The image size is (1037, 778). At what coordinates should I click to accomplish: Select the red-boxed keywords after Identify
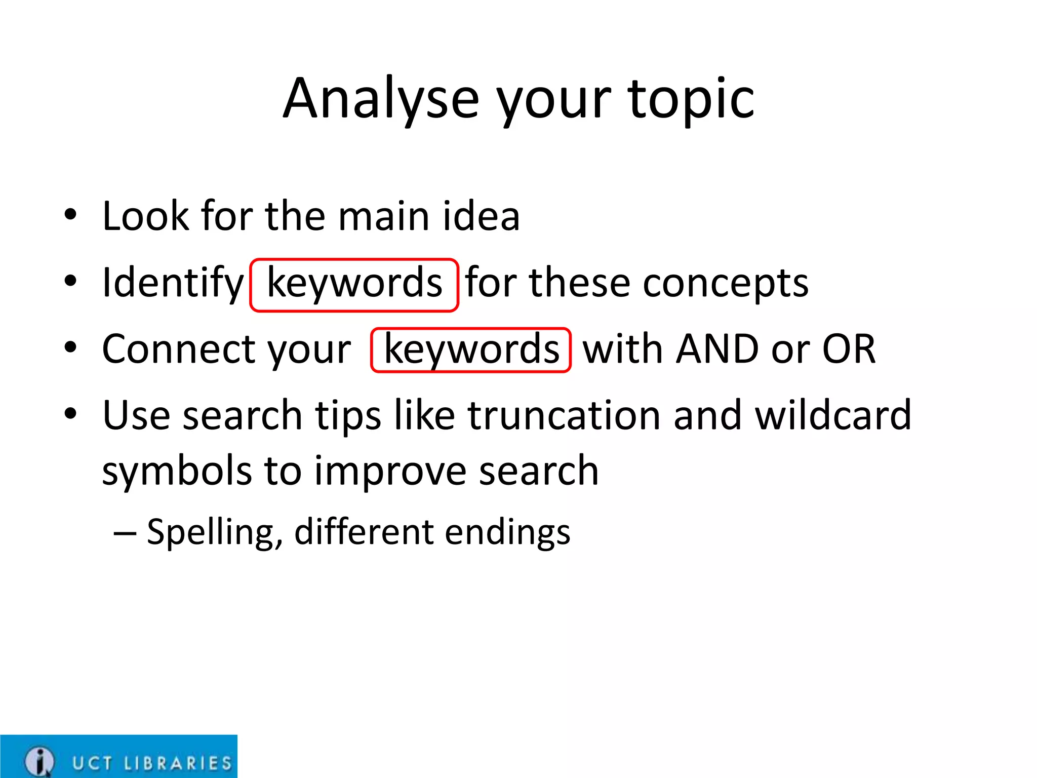pyautogui.click(x=354, y=284)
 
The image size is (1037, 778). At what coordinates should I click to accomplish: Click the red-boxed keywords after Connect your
pyautogui.click(x=471, y=350)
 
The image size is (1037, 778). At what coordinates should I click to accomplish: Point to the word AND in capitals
pyautogui.click(x=718, y=349)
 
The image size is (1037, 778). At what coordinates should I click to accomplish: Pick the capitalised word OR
pyautogui.click(x=849, y=349)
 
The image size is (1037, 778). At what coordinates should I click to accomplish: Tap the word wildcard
pyautogui.click(x=833, y=415)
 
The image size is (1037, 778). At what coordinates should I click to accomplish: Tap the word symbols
pyautogui.click(x=176, y=471)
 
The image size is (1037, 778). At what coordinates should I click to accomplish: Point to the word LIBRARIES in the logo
pyautogui.click(x=178, y=763)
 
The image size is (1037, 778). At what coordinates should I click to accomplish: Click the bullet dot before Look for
pyautogui.click(x=70, y=214)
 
